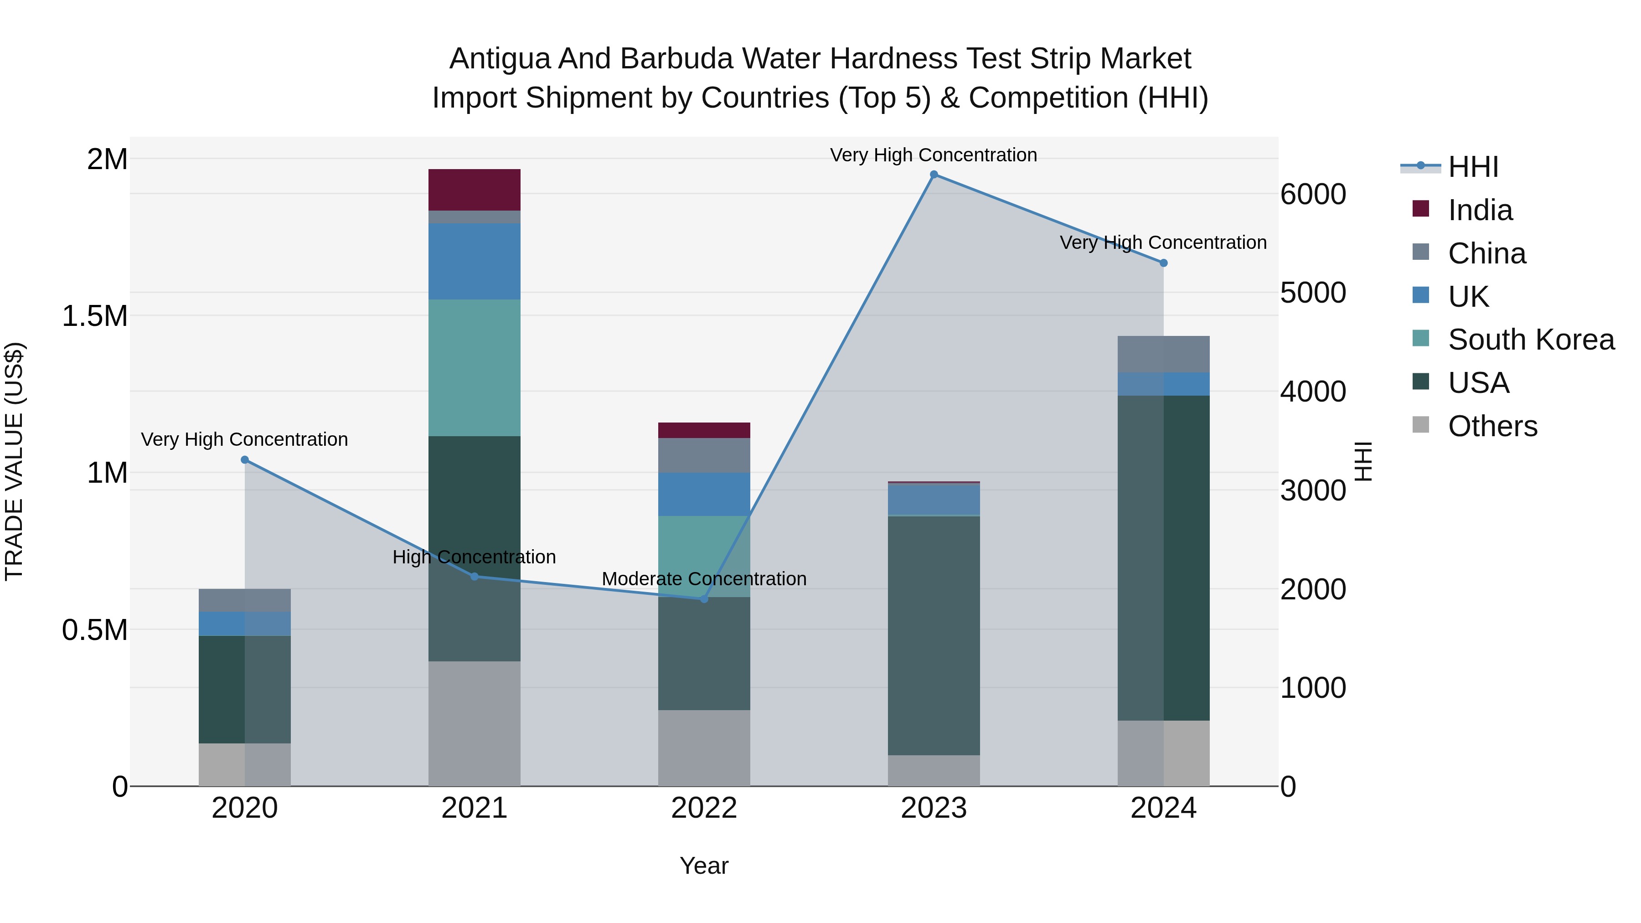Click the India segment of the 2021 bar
474,190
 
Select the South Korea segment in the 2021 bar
474,367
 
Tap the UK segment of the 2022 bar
703,494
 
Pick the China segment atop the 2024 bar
1163,354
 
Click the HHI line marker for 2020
245,460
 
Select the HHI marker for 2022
703,599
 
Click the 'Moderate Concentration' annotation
703,579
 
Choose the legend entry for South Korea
1530,340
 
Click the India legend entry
1480,210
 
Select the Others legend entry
1492,426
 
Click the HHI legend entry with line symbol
1472,167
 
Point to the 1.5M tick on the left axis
95,316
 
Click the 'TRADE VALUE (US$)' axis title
14,461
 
